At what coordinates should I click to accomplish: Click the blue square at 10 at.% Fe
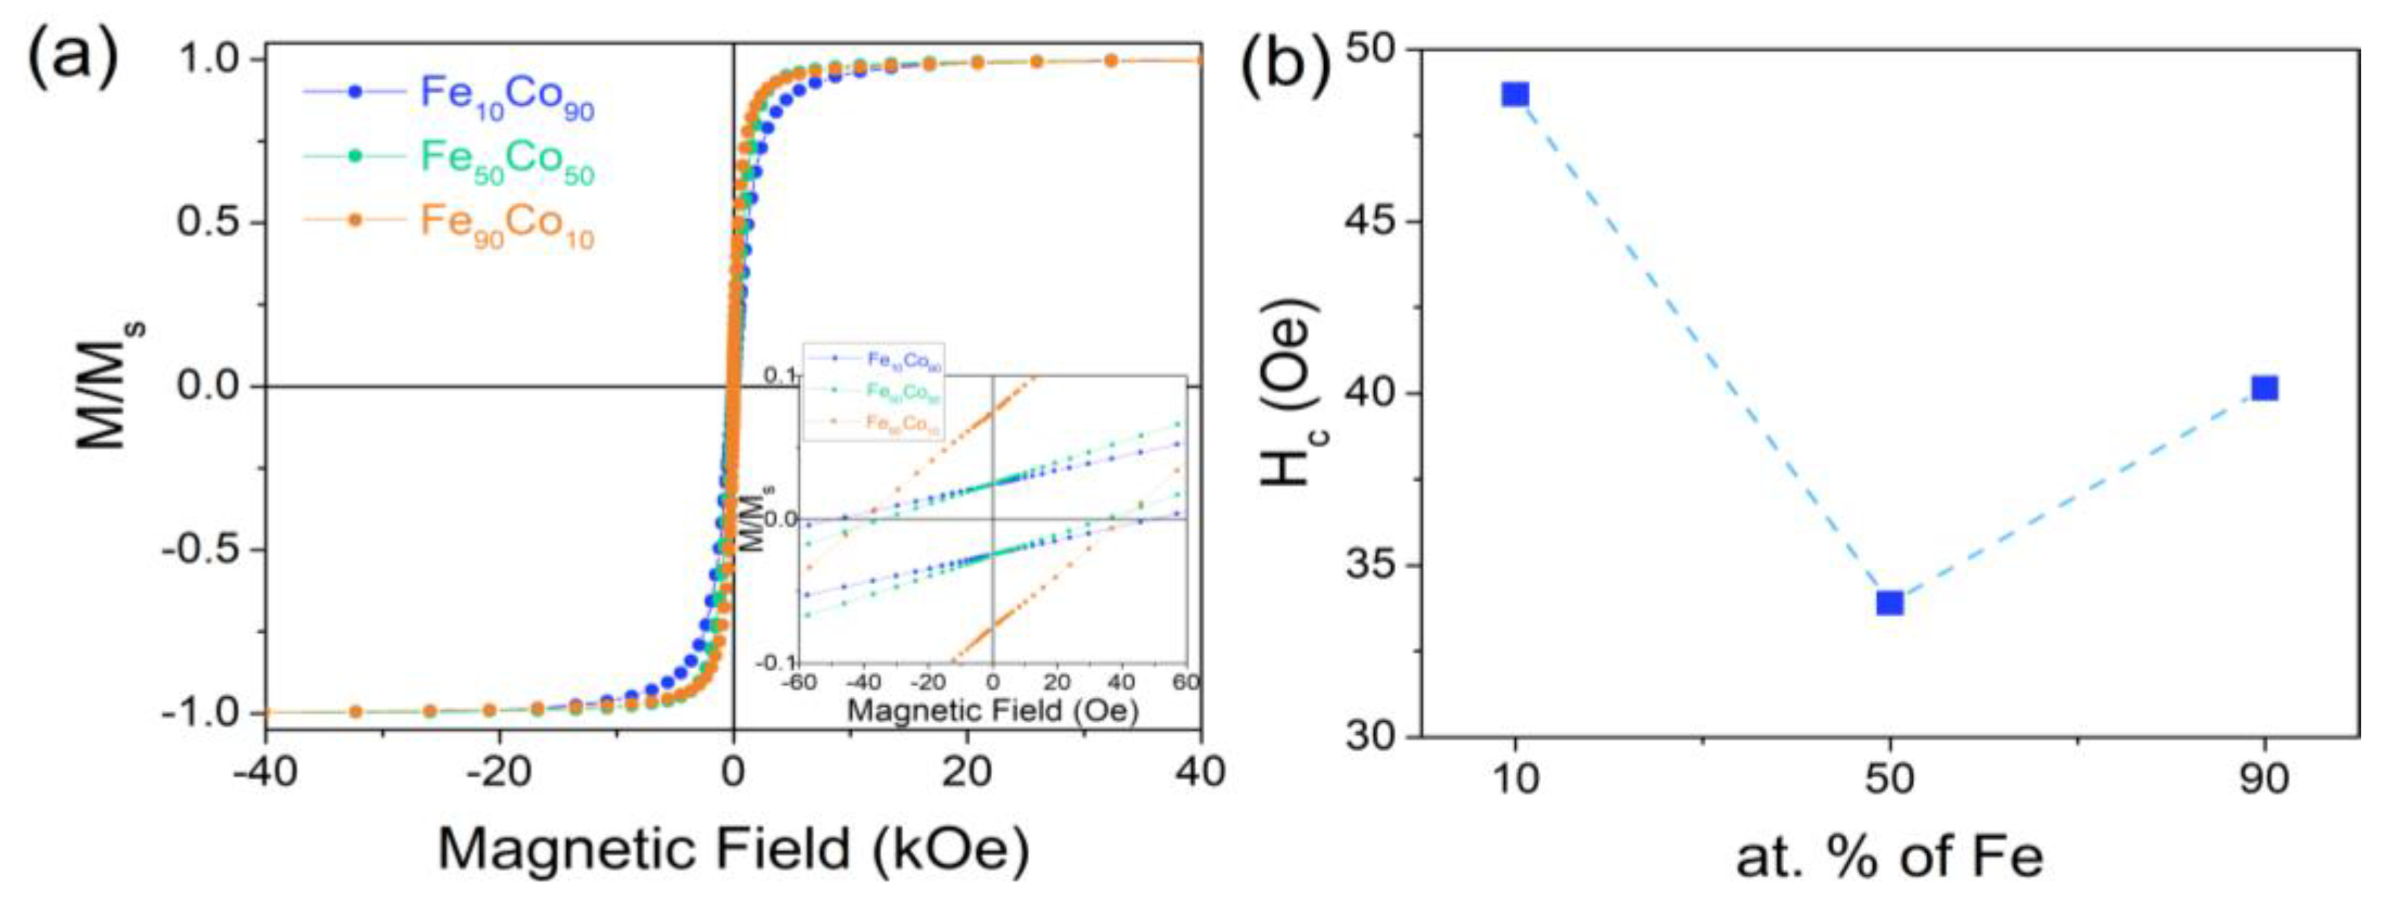coord(1515,95)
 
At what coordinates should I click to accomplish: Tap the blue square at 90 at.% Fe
coord(2265,388)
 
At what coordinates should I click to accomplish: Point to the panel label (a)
coord(72,57)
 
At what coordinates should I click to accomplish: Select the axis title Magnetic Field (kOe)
coord(733,848)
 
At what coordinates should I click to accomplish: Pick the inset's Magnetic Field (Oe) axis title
coord(993,711)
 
